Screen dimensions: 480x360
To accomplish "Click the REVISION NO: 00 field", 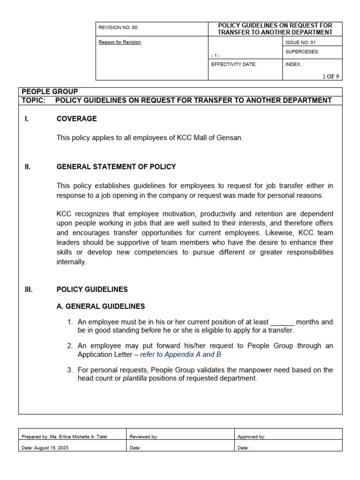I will pos(118,28).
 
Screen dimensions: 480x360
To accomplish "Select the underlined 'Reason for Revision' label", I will pos(120,42).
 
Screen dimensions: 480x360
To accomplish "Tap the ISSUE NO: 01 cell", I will pos(300,42).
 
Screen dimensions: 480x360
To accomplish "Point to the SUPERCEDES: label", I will pos(302,52).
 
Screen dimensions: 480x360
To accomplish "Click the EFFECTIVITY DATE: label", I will pos(234,64).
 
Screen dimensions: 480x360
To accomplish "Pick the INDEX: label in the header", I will pos(293,64).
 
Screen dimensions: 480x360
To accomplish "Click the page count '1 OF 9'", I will pos(330,76).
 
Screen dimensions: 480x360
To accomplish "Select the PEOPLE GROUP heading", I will pos(50,91).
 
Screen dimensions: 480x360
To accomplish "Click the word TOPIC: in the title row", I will pos(34,100).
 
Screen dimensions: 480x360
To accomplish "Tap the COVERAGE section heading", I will pos(76,119).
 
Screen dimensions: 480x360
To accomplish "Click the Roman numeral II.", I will pos(28,166).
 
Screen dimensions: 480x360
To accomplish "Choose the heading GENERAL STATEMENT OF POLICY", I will pos(116,166).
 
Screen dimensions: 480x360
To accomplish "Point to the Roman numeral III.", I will pos(29,289).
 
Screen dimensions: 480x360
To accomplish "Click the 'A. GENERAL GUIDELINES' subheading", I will pos(101,306).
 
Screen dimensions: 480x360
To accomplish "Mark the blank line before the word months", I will pos(282,322).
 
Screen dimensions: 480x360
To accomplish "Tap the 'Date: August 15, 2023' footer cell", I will pos(45,448).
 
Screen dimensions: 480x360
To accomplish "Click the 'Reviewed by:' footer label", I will pos(143,437).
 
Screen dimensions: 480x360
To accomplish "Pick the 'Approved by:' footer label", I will pos(251,437).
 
